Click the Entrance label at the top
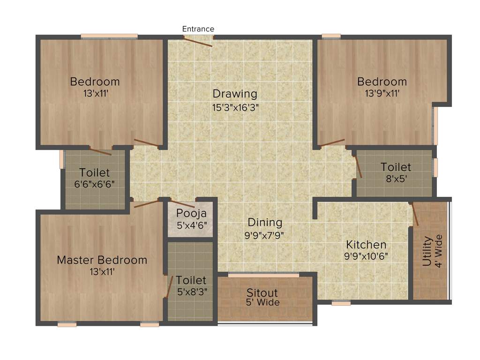(x=198, y=29)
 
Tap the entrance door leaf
(x=198, y=42)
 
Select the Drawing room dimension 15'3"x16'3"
(x=235, y=107)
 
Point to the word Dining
(x=265, y=222)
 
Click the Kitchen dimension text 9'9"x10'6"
(x=366, y=256)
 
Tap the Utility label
(x=427, y=252)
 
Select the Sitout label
(x=262, y=293)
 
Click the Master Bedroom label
(x=102, y=260)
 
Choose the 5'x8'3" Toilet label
(x=191, y=280)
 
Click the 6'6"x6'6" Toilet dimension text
(x=94, y=184)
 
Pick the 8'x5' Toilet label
(x=396, y=167)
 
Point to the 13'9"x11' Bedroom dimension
(x=382, y=93)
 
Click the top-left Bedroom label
(x=95, y=82)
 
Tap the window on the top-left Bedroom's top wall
(x=109, y=36)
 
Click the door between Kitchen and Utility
(x=413, y=215)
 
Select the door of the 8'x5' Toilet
(x=358, y=166)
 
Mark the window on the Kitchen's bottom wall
(x=341, y=303)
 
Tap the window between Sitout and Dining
(x=263, y=275)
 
